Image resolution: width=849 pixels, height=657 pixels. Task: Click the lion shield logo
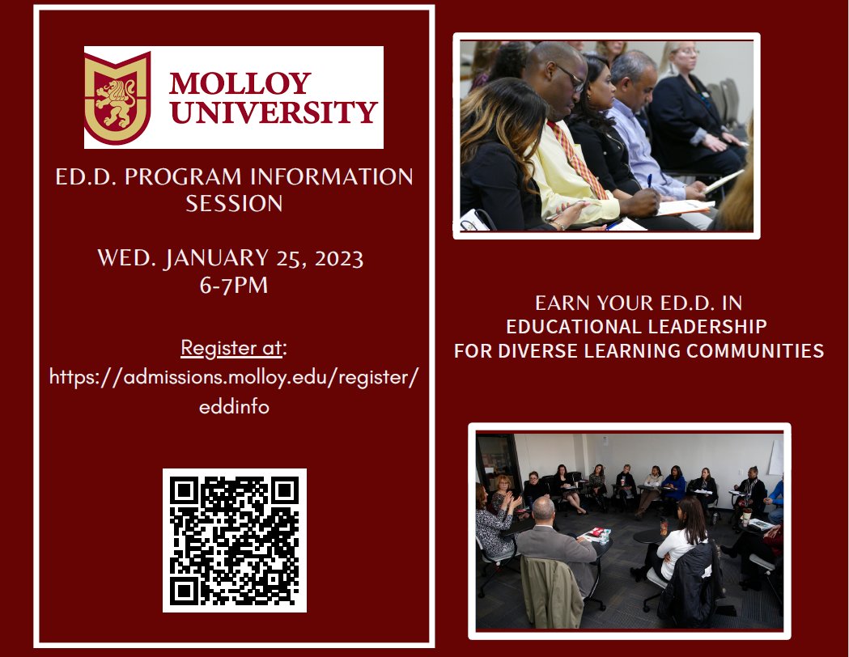pos(117,98)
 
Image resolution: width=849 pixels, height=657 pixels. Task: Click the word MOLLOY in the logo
pos(240,83)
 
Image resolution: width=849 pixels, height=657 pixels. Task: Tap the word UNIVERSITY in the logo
pos(274,112)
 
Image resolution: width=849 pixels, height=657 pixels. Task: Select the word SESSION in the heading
pos(234,203)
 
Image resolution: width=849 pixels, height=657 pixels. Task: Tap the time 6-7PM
pos(233,286)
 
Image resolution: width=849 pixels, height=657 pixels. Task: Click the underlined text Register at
pos(231,348)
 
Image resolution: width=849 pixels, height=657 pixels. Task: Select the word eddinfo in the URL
pos(234,407)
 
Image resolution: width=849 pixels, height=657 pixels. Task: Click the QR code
pos(235,540)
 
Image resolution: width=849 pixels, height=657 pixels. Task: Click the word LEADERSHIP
pos(703,327)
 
